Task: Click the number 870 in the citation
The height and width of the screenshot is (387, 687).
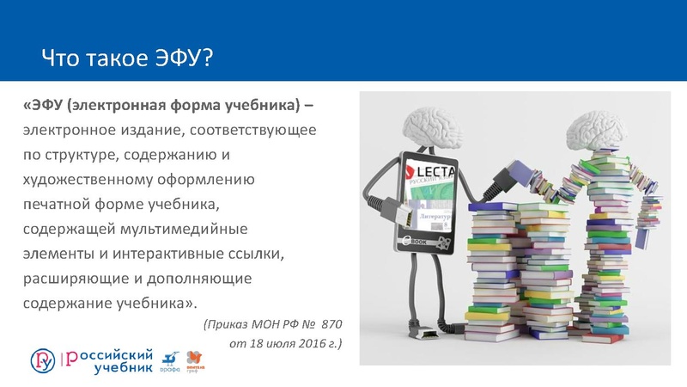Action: (x=330, y=325)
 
